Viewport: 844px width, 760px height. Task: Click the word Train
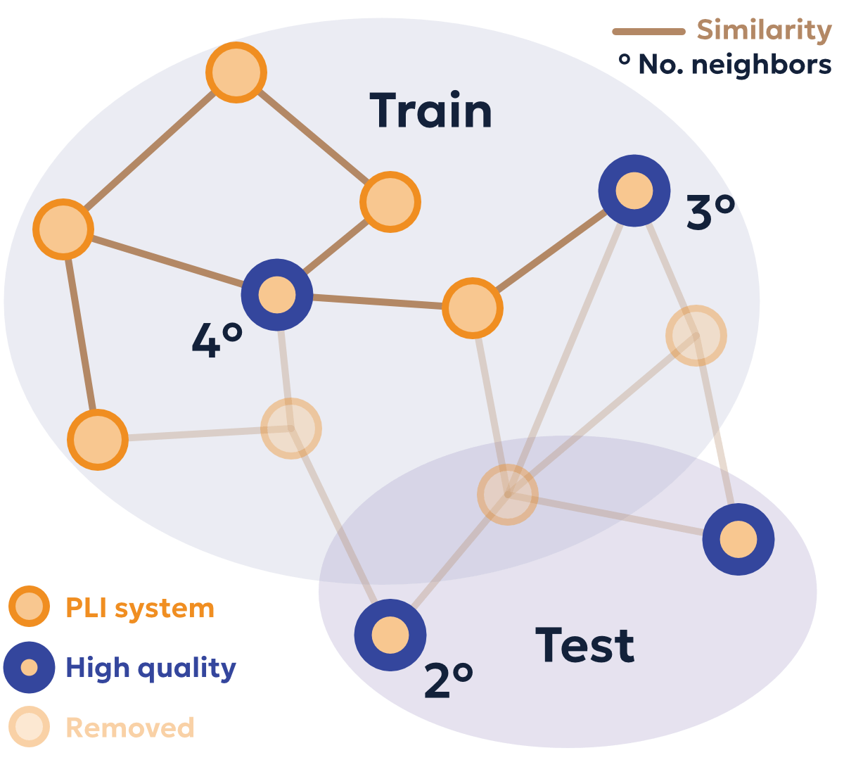[430, 111]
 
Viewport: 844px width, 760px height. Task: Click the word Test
[584, 645]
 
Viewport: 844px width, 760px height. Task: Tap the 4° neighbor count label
[217, 341]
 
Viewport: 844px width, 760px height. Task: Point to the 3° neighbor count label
[710, 213]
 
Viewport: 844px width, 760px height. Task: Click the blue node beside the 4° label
[277, 295]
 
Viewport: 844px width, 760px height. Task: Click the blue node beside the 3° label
[634, 191]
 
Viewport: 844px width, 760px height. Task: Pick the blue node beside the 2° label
[390, 635]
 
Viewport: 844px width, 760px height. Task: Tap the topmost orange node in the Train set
[236, 72]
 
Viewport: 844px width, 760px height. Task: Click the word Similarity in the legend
[764, 30]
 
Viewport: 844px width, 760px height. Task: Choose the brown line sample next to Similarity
[648, 32]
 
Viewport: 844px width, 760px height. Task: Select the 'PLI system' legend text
[140, 608]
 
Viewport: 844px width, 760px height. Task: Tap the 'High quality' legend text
[151, 668]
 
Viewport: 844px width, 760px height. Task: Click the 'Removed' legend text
[130, 728]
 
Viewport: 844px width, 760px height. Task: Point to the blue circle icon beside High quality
[29, 667]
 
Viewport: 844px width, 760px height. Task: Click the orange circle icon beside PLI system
[29, 607]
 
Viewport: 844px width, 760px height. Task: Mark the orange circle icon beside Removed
[29, 727]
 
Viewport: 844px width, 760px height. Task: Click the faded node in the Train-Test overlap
[508, 494]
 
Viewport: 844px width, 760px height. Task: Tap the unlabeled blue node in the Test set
[738, 540]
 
